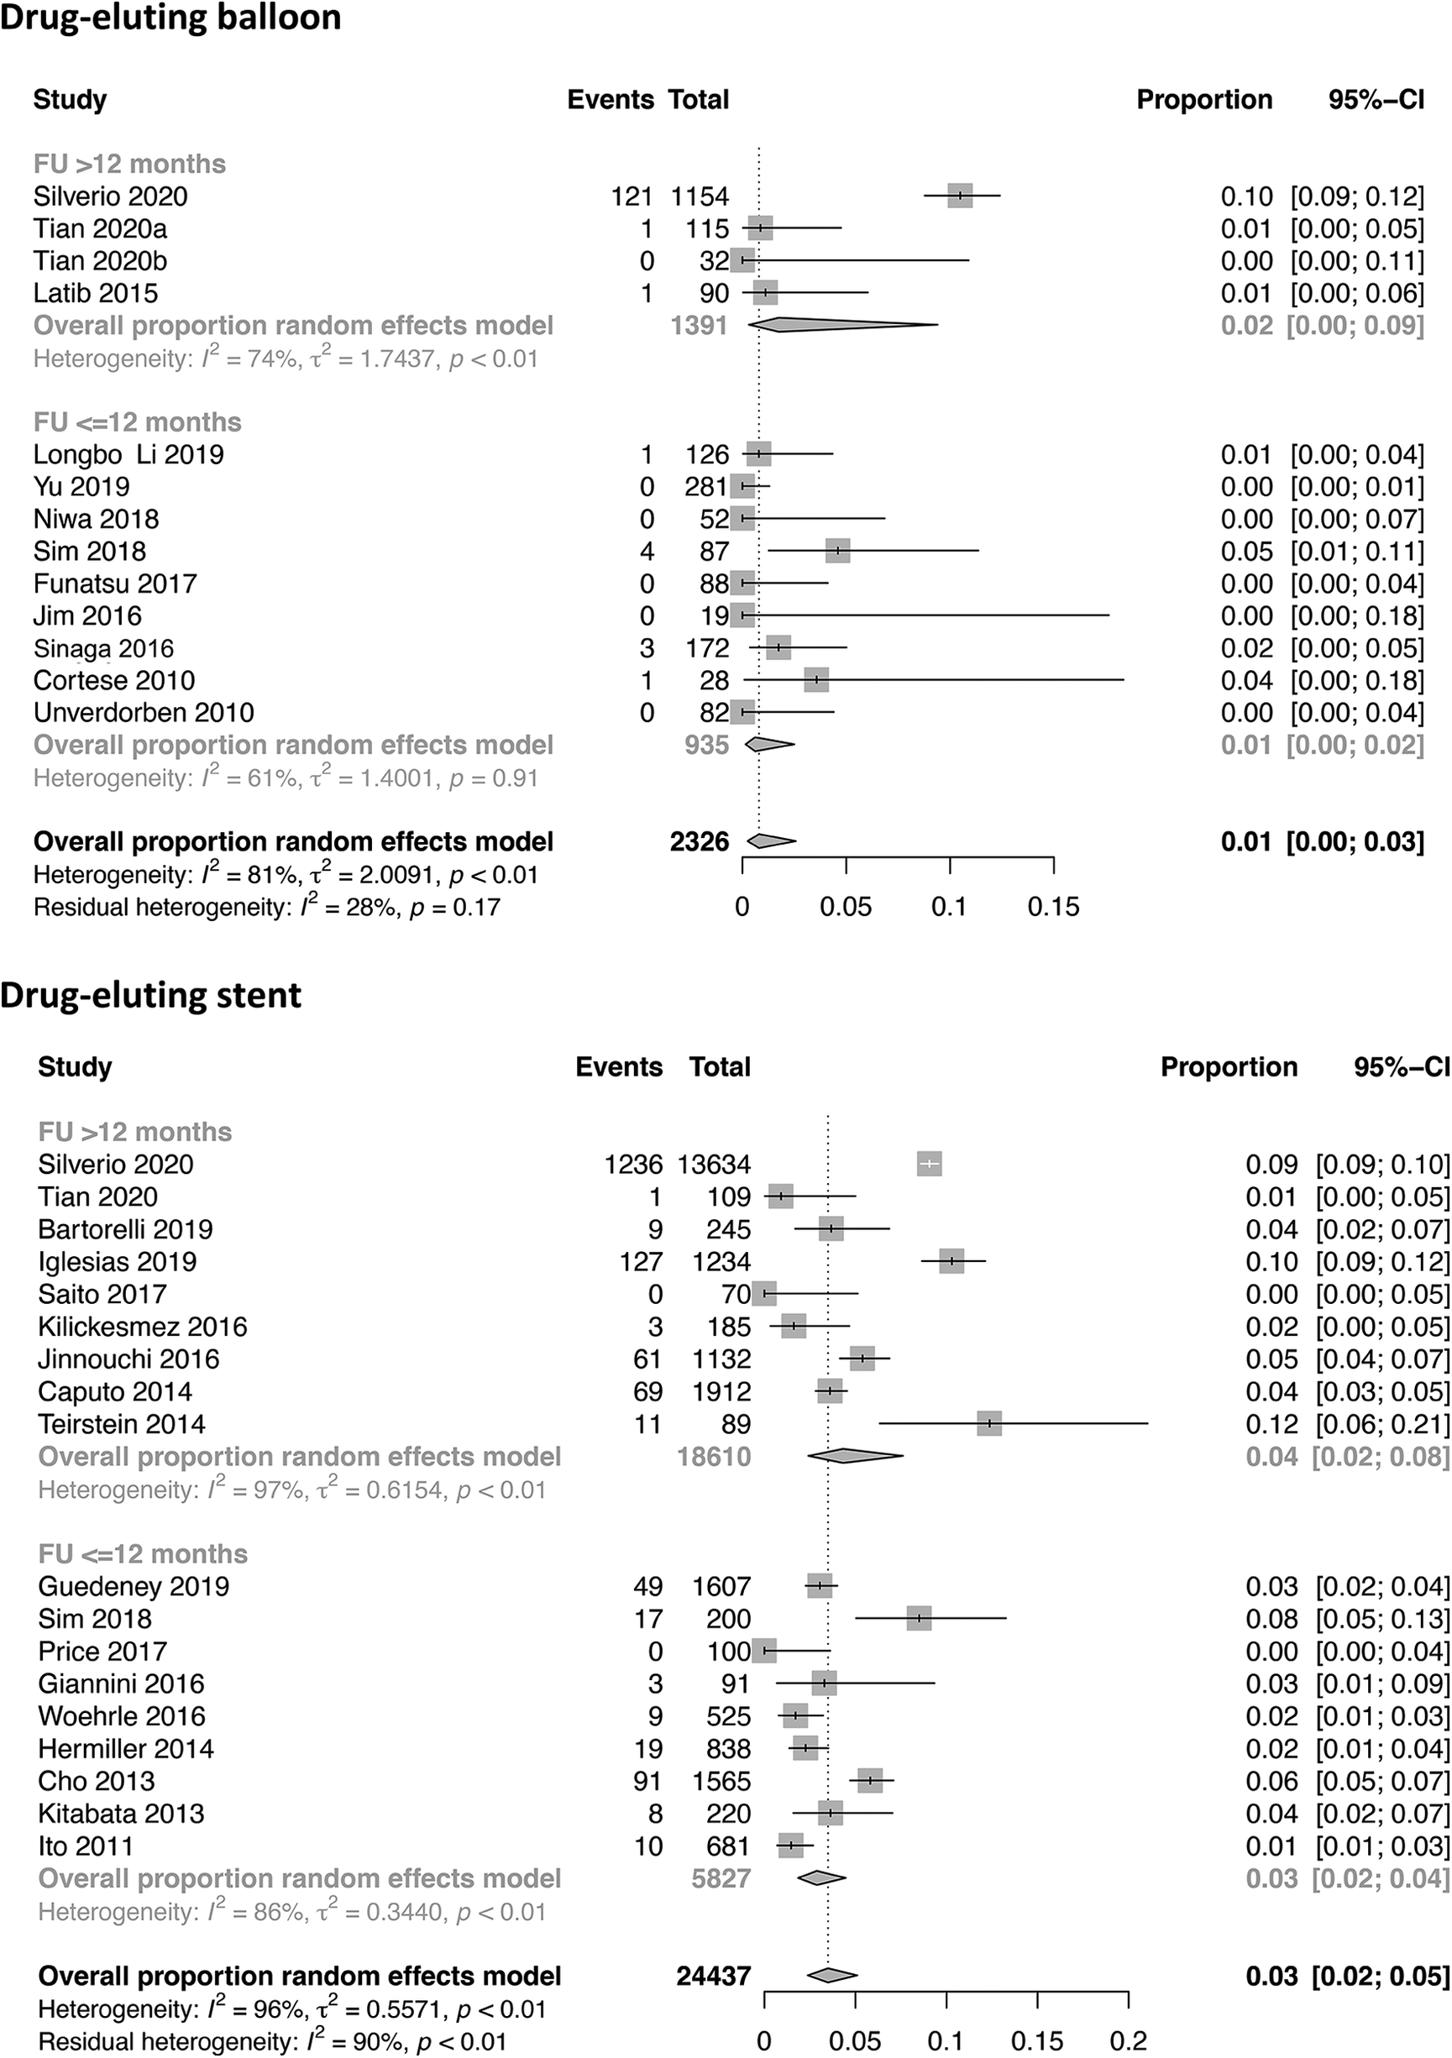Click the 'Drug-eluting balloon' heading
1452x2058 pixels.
point(170,17)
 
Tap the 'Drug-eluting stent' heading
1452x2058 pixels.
point(150,995)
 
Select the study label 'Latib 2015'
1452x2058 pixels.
point(95,293)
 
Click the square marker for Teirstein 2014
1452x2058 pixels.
point(988,1423)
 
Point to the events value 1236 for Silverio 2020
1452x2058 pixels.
point(633,1165)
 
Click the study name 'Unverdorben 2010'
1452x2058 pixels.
point(144,713)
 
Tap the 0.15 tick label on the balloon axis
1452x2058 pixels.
point(1053,907)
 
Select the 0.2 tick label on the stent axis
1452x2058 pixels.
point(1128,2042)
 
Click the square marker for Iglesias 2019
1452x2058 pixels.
point(951,1261)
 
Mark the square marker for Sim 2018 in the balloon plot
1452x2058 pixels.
point(837,552)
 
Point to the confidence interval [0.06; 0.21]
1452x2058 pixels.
point(1382,1423)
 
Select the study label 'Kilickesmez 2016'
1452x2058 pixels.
point(143,1327)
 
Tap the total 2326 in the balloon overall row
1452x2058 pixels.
point(699,841)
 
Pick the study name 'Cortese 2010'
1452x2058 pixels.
point(114,680)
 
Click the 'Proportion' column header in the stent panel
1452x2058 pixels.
point(1229,1066)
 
